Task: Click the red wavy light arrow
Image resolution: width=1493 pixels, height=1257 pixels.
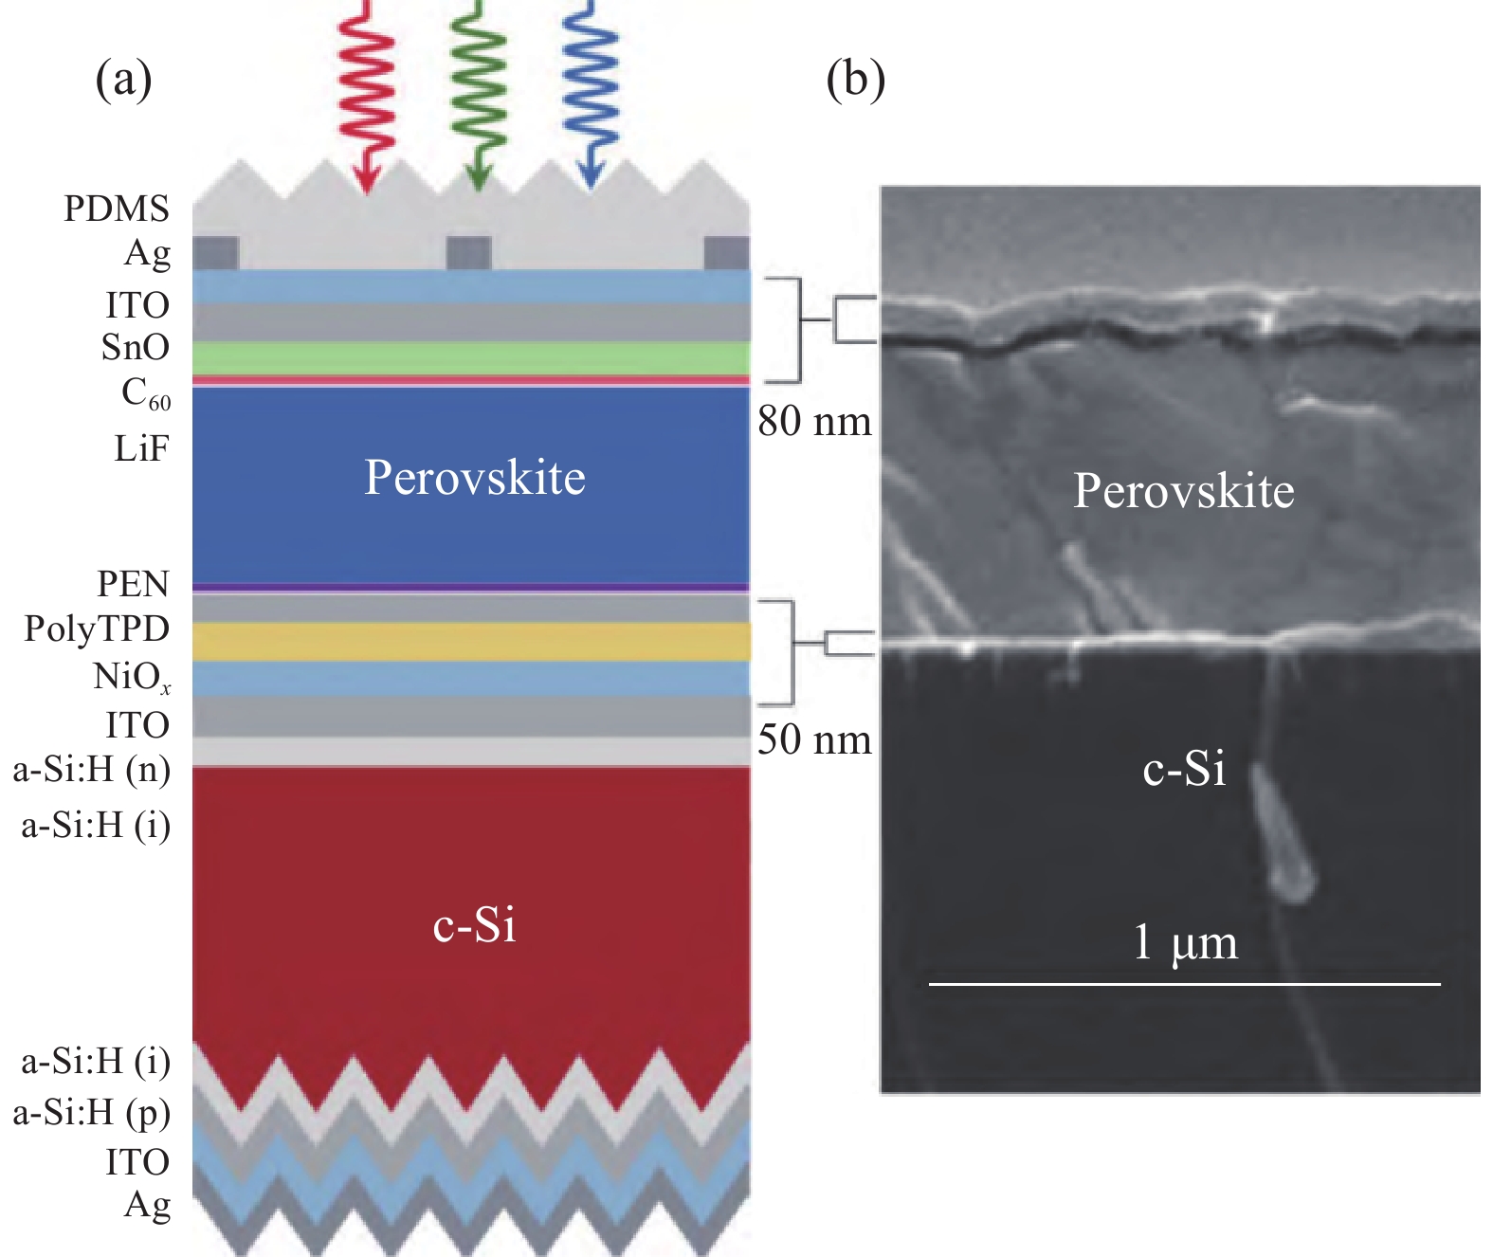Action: pyautogui.click(x=367, y=97)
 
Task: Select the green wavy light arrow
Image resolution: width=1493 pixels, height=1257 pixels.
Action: pyautogui.click(x=479, y=97)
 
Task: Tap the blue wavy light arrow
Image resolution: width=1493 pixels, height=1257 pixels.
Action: pyautogui.click(x=590, y=97)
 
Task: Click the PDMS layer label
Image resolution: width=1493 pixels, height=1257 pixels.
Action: pyautogui.click(x=117, y=209)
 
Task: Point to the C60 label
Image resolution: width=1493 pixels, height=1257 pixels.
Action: pyautogui.click(x=146, y=393)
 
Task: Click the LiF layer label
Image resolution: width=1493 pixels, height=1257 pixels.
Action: pyautogui.click(x=141, y=449)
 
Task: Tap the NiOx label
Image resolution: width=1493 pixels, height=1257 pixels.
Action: pyautogui.click(x=133, y=677)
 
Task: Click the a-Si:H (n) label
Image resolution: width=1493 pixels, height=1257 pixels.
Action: pyautogui.click(x=92, y=771)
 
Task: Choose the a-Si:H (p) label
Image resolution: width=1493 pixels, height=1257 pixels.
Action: pyautogui.click(x=92, y=1113)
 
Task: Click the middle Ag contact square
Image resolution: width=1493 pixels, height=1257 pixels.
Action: pyautogui.click(x=468, y=253)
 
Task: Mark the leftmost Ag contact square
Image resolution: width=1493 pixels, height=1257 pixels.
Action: pyautogui.click(x=215, y=253)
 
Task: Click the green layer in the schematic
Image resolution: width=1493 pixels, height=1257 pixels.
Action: pyautogui.click(x=471, y=357)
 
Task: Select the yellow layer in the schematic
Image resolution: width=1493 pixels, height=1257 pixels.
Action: pyautogui.click(x=471, y=642)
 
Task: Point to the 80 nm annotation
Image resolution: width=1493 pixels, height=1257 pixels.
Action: pyautogui.click(x=814, y=421)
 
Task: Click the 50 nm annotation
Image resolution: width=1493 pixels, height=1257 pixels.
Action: pyautogui.click(x=814, y=739)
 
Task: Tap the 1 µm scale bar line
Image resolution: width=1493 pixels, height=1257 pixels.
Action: pyautogui.click(x=1184, y=985)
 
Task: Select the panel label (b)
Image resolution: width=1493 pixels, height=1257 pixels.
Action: pyautogui.click(x=856, y=79)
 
